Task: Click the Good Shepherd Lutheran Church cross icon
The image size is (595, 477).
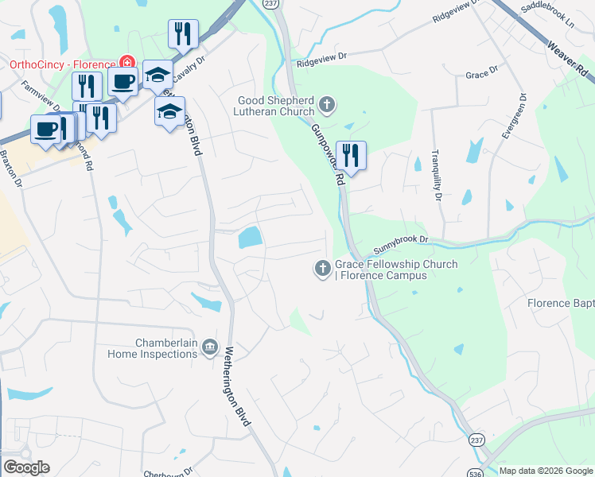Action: (x=326, y=104)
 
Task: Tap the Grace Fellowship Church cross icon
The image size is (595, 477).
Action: (x=323, y=269)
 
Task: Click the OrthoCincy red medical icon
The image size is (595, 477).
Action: (x=126, y=63)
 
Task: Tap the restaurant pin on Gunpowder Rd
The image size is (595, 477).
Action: (x=350, y=156)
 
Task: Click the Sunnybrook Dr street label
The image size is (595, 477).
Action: (x=401, y=239)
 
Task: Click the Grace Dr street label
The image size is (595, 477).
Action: (x=481, y=72)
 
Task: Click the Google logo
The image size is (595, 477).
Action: (x=25, y=468)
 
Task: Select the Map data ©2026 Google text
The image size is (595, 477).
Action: (x=546, y=471)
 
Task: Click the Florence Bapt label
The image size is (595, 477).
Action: (x=560, y=303)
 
